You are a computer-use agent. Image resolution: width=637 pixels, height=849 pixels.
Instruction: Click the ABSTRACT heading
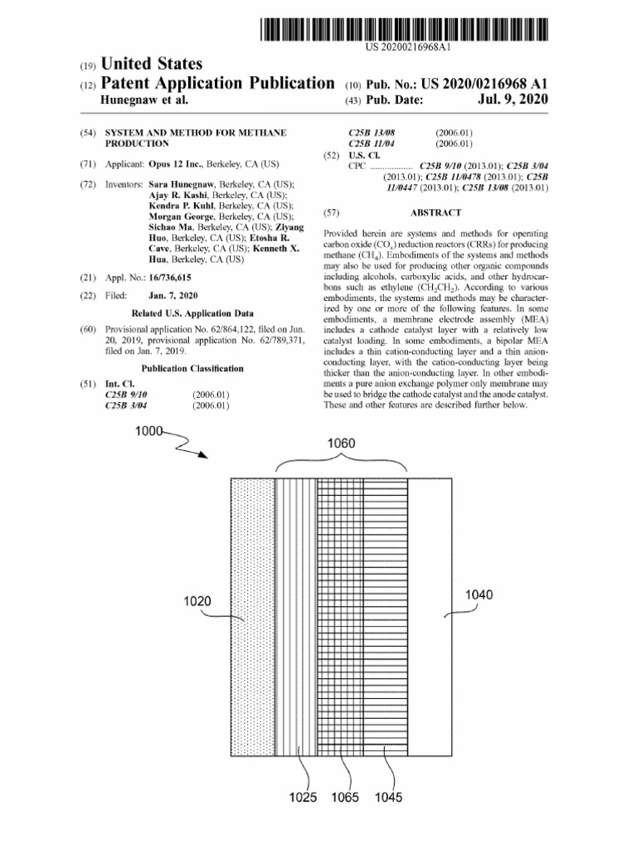(x=435, y=213)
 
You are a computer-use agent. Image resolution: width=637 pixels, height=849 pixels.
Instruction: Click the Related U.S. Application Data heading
(x=192, y=314)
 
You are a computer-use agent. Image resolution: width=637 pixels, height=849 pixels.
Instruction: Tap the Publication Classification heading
(x=192, y=368)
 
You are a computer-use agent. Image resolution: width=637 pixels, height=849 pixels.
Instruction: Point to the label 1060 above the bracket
(x=341, y=444)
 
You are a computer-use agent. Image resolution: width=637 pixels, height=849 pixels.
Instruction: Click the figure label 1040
(x=480, y=594)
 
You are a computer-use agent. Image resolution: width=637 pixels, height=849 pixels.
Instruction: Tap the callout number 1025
(x=304, y=798)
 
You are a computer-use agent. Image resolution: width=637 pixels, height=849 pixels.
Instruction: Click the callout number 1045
(x=388, y=798)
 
